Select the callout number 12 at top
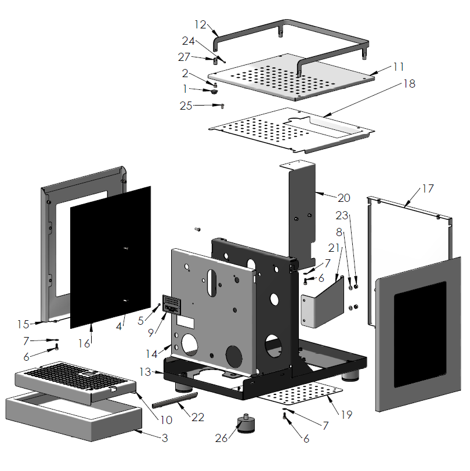200,25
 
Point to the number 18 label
409,84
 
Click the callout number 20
344,198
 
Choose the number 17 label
428,189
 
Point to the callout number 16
85,343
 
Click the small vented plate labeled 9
171,303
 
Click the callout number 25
186,105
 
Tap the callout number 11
397,67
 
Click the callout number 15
22,323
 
